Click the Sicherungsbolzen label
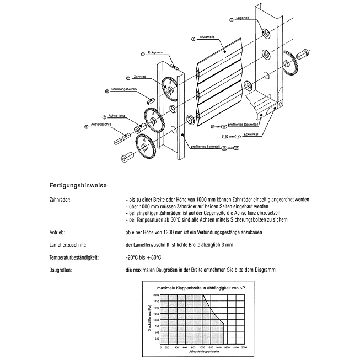pos(123,89)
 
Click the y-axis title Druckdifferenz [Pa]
pos(150,318)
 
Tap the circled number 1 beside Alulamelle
pos(192,39)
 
